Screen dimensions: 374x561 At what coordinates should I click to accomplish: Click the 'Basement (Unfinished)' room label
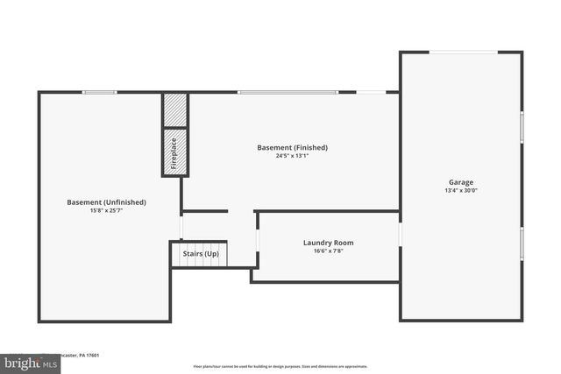point(106,202)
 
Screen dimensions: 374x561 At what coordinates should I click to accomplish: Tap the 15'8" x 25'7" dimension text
point(106,211)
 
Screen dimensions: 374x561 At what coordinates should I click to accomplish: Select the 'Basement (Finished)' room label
point(292,147)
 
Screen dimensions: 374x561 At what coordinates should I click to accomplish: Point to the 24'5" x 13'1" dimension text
point(292,156)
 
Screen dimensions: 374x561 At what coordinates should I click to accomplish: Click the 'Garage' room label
point(461,182)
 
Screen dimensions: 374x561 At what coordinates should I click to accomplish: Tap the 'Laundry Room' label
point(329,243)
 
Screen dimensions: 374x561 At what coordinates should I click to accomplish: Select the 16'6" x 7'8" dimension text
point(329,251)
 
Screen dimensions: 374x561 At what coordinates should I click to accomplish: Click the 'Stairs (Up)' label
point(201,254)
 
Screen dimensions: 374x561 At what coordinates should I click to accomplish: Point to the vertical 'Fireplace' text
point(175,152)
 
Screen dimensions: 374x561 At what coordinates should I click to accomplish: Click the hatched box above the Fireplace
point(175,109)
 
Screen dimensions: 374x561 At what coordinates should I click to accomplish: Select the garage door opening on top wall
point(463,52)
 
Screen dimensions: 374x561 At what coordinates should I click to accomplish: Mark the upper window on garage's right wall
point(522,126)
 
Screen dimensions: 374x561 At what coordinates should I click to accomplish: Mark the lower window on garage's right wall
point(522,244)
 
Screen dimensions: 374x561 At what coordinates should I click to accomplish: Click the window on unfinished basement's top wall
point(99,92)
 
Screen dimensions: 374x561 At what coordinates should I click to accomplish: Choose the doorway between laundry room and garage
point(400,235)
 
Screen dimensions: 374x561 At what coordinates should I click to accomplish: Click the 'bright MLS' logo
point(26,362)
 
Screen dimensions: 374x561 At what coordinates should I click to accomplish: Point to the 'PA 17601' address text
point(88,356)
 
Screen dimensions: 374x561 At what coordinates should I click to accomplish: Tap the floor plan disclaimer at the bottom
point(280,366)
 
